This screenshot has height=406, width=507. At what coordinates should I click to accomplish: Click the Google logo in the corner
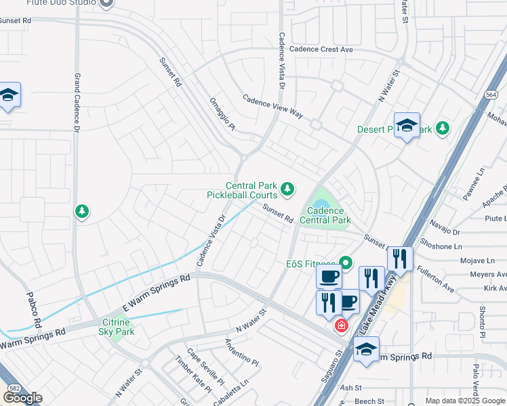point(22,398)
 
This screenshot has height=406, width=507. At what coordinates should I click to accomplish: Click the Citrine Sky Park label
point(117,326)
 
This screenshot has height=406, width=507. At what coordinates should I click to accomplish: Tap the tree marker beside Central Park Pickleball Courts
point(288,188)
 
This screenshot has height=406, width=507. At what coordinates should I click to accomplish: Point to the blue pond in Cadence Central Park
point(320,203)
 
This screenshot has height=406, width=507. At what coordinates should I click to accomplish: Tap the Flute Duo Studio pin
point(105,3)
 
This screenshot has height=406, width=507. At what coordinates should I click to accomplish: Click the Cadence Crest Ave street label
point(321,49)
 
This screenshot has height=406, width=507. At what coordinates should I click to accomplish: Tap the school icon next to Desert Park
point(407,126)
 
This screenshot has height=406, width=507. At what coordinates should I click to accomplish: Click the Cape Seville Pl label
point(201,366)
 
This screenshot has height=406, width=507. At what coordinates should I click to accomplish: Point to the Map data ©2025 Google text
point(464,401)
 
